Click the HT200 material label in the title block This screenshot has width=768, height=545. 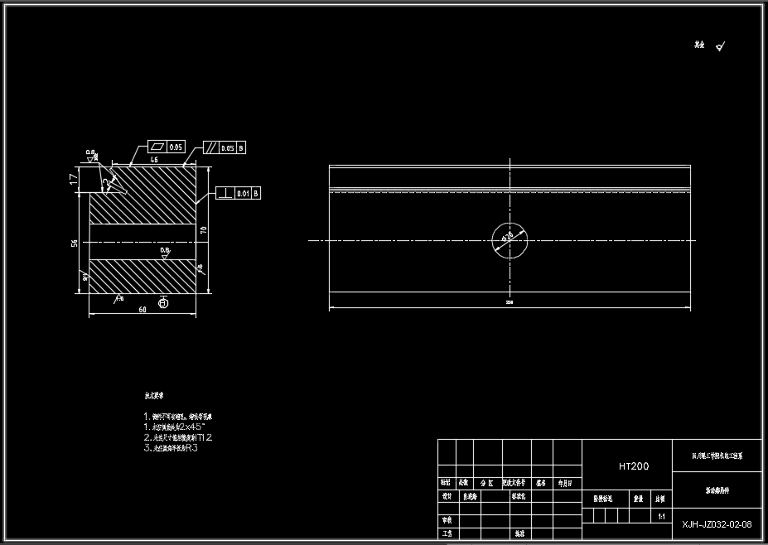[x=634, y=466]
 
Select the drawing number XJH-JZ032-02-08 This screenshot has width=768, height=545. [x=717, y=524]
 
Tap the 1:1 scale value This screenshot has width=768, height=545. [x=660, y=516]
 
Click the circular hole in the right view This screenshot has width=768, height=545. [x=509, y=240]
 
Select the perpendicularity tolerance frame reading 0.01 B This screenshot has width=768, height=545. [x=239, y=193]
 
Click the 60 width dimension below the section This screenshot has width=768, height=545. [x=142, y=309]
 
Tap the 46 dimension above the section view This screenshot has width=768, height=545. [x=154, y=159]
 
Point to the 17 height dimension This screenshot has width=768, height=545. [x=74, y=178]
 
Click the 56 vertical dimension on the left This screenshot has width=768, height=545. [x=75, y=243]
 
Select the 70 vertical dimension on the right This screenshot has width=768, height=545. [x=203, y=229]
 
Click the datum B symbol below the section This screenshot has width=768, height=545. [x=162, y=304]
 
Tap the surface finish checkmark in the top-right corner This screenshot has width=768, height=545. [x=720, y=47]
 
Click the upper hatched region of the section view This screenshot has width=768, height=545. [x=149, y=195]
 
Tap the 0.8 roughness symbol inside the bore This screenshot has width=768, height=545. [x=165, y=252]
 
